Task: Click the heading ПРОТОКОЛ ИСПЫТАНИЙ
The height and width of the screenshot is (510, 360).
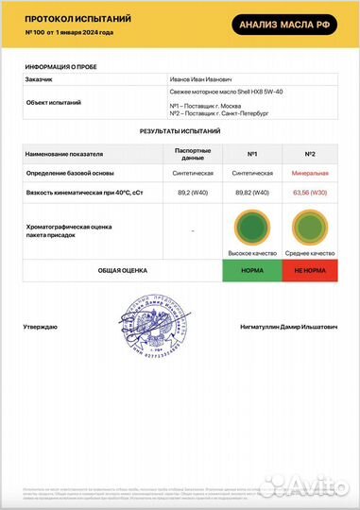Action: coord(78,19)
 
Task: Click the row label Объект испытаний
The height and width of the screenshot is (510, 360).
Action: coord(54,102)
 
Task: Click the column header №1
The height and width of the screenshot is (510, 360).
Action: coord(252,152)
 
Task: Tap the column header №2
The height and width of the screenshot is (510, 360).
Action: coord(309,152)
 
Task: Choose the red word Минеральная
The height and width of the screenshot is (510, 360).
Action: coord(309,174)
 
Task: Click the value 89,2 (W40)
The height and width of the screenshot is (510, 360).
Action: coord(193,192)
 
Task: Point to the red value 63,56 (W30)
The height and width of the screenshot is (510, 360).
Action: coord(309,192)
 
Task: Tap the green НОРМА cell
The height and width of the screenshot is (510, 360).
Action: coord(252,270)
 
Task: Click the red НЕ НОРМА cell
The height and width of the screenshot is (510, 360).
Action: coord(309,270)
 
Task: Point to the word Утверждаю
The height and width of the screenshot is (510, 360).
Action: coord(41,327)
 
